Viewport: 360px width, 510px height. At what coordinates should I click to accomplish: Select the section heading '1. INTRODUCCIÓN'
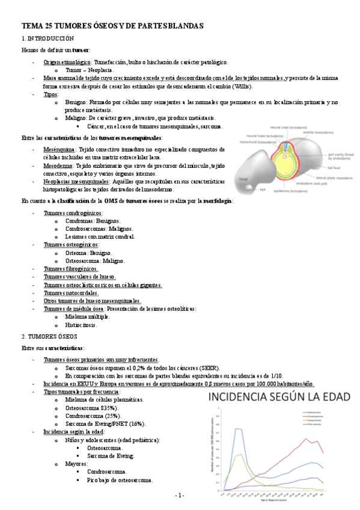[47, 38]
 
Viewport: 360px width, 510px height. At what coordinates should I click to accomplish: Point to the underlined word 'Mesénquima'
[59, 148]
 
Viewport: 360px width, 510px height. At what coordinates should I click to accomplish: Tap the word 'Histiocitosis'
[81, 325]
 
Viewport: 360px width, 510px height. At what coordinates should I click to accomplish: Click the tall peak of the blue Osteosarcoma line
[237, 428]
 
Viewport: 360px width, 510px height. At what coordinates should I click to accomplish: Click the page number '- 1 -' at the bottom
[180, 495]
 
